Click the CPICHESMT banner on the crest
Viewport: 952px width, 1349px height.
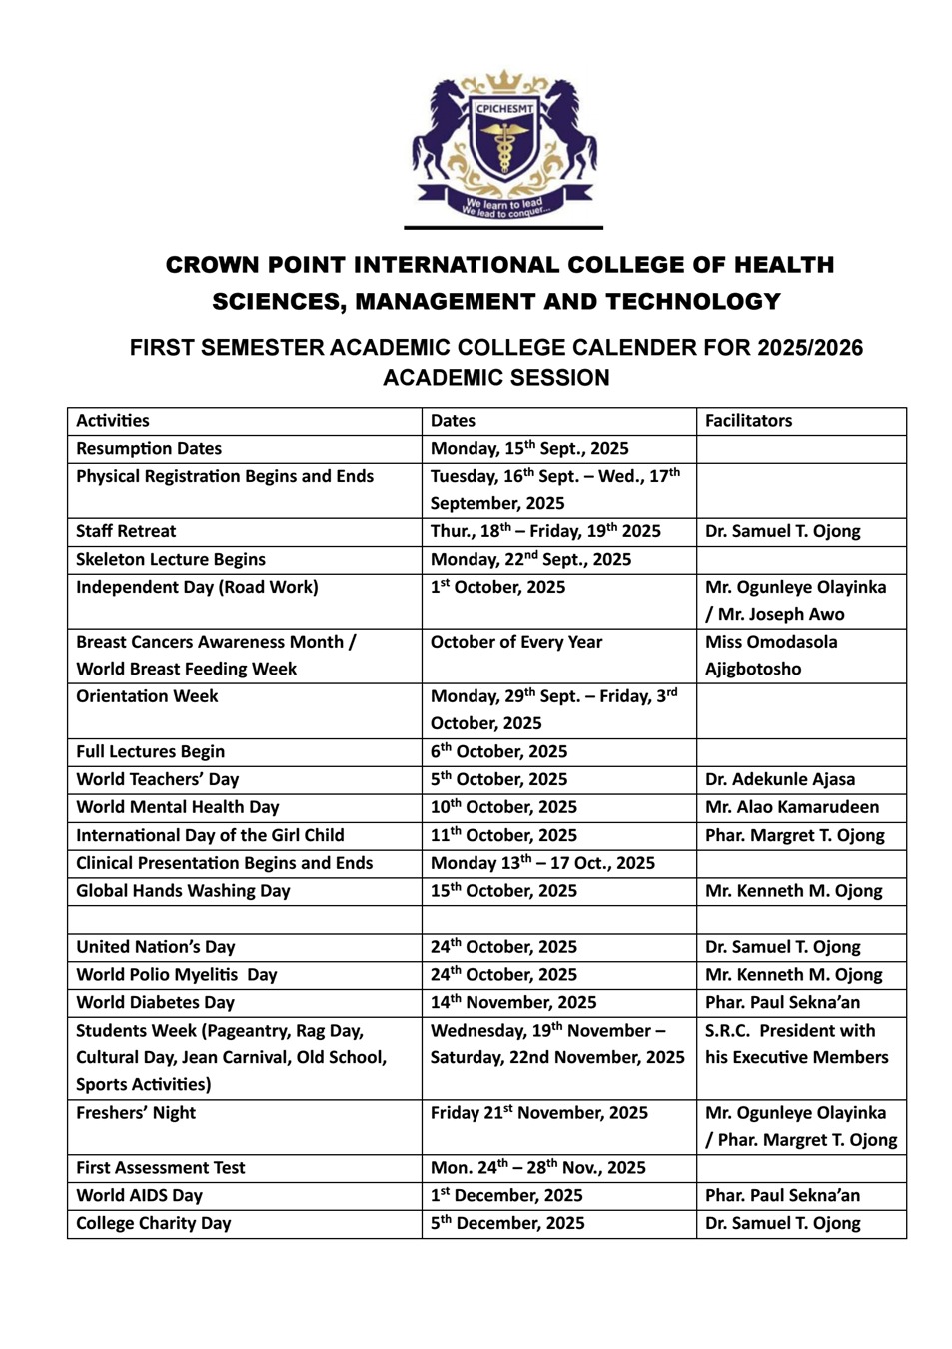click(x=503, y=109)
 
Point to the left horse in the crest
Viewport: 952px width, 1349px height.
click(x=441, y=130)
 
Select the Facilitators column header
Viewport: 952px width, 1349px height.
click(x=748, y=421)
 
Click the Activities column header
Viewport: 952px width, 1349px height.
click(x=113, y=421)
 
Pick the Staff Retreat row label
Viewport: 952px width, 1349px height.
click(x=126, y=531)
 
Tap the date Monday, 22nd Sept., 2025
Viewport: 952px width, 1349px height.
click(x=530, y=559)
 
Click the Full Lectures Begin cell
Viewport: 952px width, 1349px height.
click(x=150, y=751)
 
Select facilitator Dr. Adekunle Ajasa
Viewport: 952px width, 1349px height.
click(x=779, y=779)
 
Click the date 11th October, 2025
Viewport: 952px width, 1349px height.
click(x=503, y=835)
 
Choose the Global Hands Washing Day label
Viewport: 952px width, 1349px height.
click(x=183, y=890)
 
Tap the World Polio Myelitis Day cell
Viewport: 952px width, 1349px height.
click(x=177, y=974)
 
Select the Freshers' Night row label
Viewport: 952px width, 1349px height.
click(x=136, y=1112)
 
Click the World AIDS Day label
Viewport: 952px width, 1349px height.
click(x=139, y=1195)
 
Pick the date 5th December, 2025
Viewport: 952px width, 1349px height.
click(x=507, y=1223)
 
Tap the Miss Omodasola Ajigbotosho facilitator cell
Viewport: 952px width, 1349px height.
click(x=770, y=655)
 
